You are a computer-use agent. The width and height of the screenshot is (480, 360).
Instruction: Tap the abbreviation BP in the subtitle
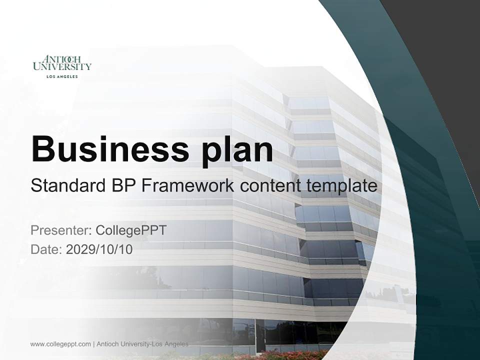pos(121,186)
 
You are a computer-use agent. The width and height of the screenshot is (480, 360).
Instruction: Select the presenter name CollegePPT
pos(130,230)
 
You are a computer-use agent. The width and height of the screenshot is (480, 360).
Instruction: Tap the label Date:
pos(46,249)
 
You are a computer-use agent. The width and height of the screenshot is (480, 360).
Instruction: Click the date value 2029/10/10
pos(99,249)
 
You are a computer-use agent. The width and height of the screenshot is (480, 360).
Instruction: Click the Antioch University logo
pos(62,66)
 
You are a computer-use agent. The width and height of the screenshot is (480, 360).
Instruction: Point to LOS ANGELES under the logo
pos(62,76)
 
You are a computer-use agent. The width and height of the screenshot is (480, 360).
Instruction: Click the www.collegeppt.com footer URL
pos(60,344)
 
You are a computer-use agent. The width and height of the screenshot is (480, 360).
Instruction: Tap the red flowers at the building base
pos(280,355)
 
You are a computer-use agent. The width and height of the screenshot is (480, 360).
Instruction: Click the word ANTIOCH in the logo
pos(62,59)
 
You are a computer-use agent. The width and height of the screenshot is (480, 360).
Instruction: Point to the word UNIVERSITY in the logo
pos(62,66)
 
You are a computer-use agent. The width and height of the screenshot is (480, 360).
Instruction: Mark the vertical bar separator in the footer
pos(93,344)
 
